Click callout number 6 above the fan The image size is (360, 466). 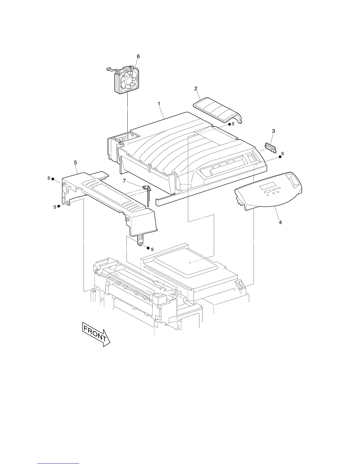click(138, 56)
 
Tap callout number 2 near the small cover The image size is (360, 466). click(196, 88)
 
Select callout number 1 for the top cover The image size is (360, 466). click(159, 104)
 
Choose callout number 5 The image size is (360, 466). click(76, 162)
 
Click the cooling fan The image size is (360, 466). click(126, 80)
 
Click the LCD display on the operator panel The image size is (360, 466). click(268, 187)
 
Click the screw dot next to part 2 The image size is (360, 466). click(230, 124)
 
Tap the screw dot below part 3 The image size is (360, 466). click(280, 157)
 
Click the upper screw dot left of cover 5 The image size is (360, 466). click(53, 179)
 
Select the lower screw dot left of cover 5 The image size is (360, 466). click(59, 206)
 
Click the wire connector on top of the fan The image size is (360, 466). click(127, 68)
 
